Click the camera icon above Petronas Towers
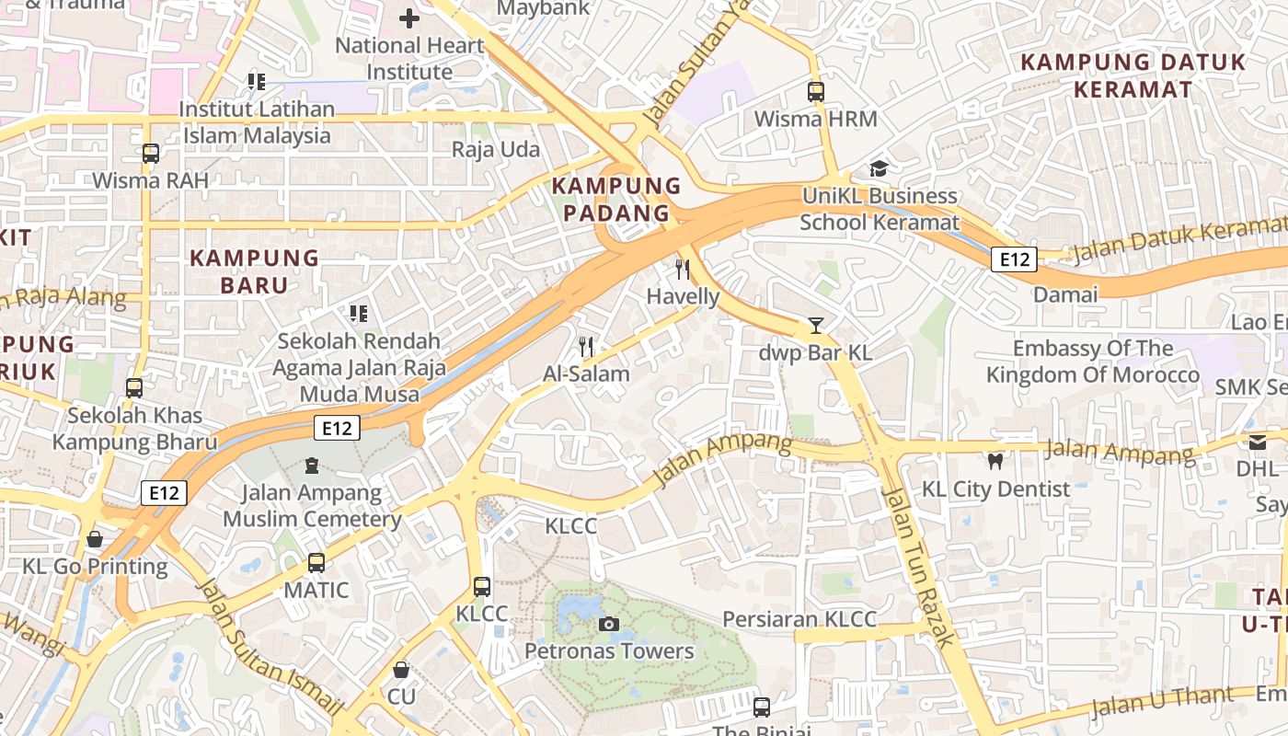pos(608,625)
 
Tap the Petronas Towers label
pos(609,651)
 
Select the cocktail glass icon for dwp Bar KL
pos(815,326)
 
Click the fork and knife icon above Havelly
pos(682,270)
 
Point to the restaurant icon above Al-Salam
pos(586,347)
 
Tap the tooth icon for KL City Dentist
pos(995,462)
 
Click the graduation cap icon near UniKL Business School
pos(879,169)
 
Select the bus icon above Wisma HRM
pos(815,92)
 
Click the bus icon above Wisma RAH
pos(151,154)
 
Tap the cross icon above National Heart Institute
pos(409,17)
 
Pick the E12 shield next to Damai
pos(1014,260)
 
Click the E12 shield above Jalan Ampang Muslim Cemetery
pos(336,428)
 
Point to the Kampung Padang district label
pos(615,200)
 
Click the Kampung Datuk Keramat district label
pos(1133,76)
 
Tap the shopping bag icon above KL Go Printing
pos(94,539)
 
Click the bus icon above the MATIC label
pos(316,562)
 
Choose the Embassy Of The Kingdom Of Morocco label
pos(1093,362)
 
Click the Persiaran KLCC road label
pos(799,619)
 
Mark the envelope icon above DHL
pos(1258,443)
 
